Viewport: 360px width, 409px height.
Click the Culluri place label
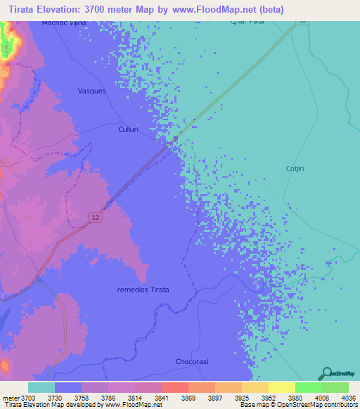tap(129, 130)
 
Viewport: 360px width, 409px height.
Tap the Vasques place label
tap(91, 91)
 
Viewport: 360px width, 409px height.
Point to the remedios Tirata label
tap(143, 290)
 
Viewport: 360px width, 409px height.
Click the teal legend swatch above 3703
tap(41, 387)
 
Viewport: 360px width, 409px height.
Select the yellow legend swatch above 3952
tap(282, 387)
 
